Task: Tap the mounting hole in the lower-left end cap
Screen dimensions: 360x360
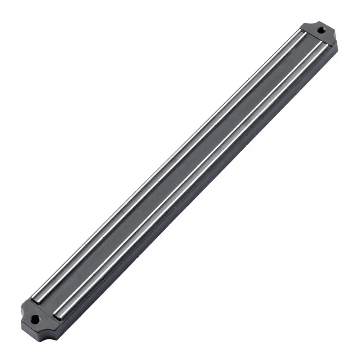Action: [x=35, y=319]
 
